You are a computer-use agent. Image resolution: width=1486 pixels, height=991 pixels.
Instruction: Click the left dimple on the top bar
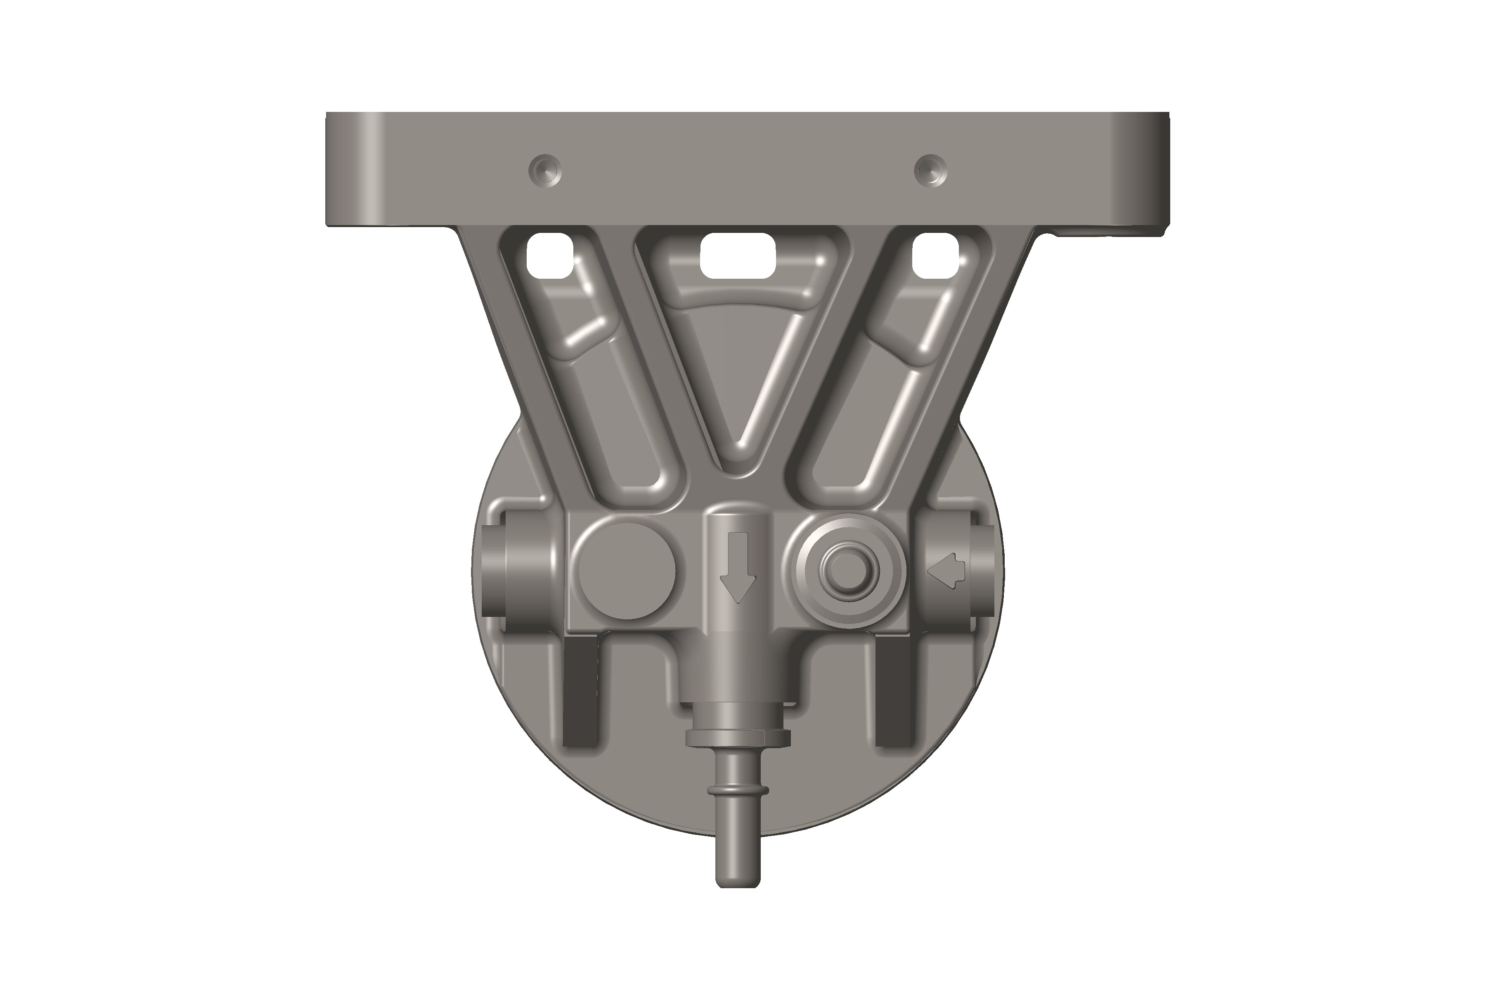click(x=544, y=171)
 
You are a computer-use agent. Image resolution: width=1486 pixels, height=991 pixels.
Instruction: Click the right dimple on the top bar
click(x=931, y=171)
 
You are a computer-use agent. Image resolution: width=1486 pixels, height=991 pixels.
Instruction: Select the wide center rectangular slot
click(x=737, y=255)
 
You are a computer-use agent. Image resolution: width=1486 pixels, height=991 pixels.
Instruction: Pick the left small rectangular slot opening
click(x=550, y=255)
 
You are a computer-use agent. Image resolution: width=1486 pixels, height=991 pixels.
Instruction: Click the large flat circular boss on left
click(x=627, y=571)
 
